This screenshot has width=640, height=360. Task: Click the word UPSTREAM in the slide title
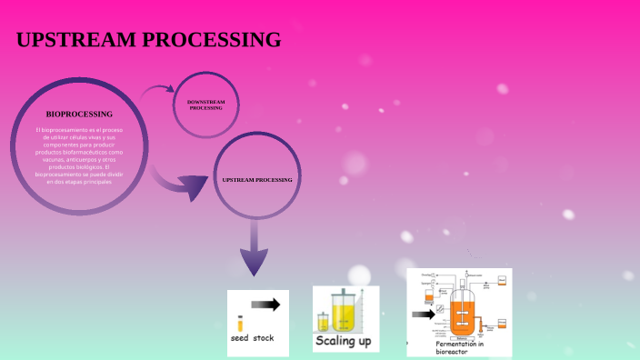tap(74, 40)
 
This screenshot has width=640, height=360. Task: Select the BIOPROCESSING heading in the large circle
tap(79, 115)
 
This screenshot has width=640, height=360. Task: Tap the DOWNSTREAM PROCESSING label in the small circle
tap(205, 105)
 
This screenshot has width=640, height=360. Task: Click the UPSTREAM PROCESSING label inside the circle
tap(257, 180)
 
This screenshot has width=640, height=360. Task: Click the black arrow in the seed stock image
tap(265, 305)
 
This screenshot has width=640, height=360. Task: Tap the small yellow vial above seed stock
tap(240, 322)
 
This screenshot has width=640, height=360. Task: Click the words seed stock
tap(252, 339)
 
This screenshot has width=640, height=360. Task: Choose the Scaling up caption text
tap(343, 341)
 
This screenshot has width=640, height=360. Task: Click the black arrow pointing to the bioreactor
tap(423, 315)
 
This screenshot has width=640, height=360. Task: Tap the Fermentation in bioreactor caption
tap(459, 347)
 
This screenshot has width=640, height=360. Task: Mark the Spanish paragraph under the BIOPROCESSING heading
tap(79, 155)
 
